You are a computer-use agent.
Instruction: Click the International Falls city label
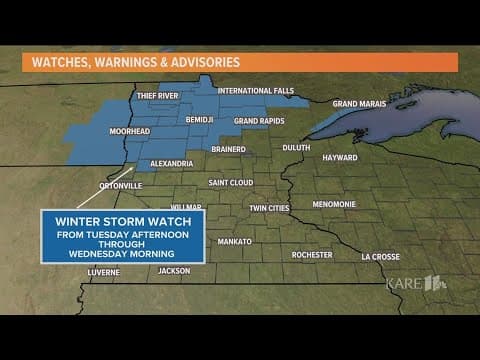[x=256, y=91]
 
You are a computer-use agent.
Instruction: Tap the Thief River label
[x=156, y=97]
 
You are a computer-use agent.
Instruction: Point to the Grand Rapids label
[x=259, y=121]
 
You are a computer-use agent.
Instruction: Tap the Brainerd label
[x=229, y=151]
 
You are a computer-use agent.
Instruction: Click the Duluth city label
[x=297, y=147]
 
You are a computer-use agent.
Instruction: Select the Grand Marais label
[x=360, y=103]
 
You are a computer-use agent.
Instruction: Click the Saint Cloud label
[x=231, y=183]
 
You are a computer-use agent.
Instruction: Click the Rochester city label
[x=312, y=255]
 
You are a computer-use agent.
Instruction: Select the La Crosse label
[x=380, y=256]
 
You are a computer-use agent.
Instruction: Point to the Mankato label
[x=234, y=242]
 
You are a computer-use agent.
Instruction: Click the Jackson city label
[x=173, y=270]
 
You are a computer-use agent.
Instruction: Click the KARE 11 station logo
[x=416, y=283]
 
